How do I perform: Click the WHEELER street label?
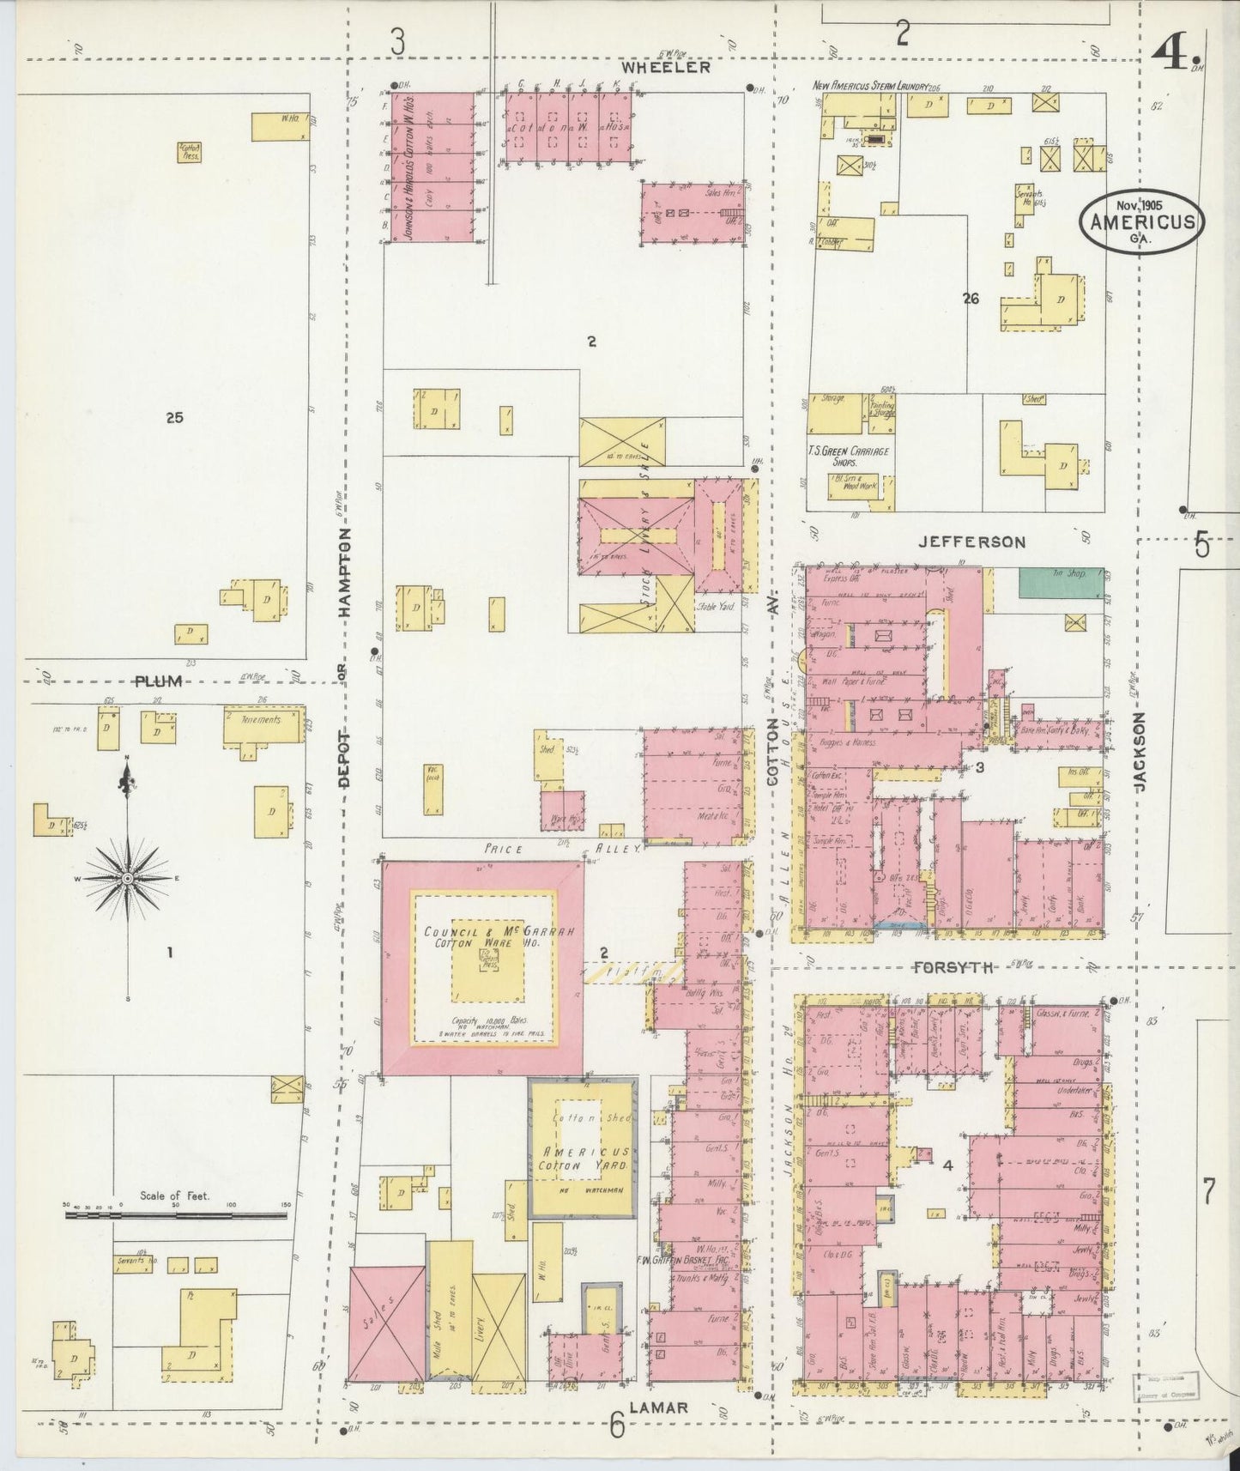click(666, 67)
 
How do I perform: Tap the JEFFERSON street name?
click(971, 542)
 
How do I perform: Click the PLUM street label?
click(160, 681)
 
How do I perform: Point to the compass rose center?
click(127, 879)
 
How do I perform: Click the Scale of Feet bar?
click(176, 1214)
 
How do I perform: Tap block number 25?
click(175, 418)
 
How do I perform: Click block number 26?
click(971, 299)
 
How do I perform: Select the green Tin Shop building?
click(1061, 583)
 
